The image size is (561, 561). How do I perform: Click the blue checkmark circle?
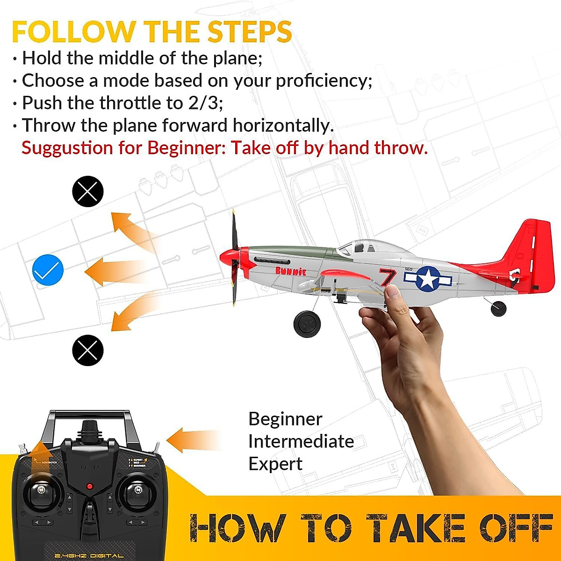(48, 270)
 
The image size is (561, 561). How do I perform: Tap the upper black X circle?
(87, 191)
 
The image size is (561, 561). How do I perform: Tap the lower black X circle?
(87, 350)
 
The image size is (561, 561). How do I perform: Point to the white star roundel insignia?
(428, 279)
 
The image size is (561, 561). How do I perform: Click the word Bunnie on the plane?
(291, 271)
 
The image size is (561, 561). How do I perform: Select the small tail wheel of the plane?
(498, 308)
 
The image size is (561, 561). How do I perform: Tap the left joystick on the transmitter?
(41, 490)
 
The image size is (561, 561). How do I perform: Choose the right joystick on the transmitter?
(137, 490)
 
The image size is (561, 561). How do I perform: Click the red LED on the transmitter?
(89, 487)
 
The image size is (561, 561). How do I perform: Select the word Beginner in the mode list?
(285, 419)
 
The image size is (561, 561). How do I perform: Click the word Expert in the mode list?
(275, 464)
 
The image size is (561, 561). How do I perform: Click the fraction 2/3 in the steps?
(203, 103)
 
